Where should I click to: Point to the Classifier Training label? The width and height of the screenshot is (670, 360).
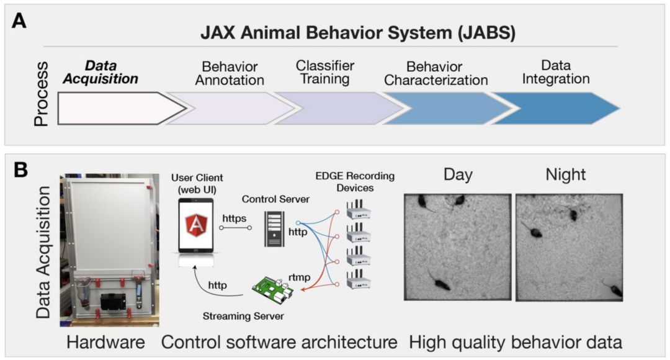(324, 72)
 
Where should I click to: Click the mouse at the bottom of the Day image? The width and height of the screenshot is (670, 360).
(441, 283)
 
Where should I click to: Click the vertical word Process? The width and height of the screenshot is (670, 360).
(42, 93)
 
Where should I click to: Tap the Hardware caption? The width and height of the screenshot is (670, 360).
(105, 341)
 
